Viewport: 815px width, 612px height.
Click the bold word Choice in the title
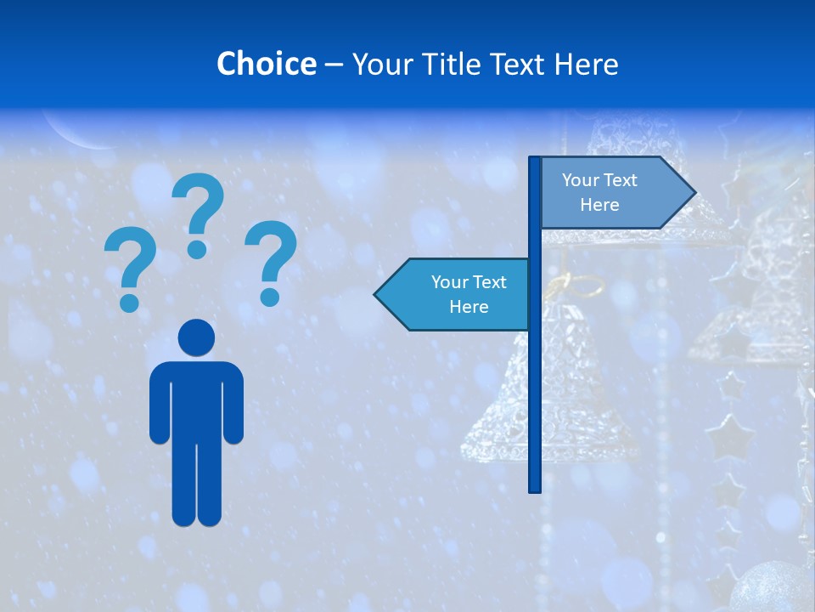tap(266, 64)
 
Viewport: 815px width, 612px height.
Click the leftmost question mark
tap(129, 263)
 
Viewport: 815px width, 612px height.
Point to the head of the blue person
tap(196, 337)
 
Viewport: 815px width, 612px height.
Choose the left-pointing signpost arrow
tap(454, 294)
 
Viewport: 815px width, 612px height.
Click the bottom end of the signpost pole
tap(535, 488)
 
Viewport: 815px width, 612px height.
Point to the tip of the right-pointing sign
tap(694, 193)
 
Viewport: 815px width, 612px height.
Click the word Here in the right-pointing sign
tap(599, 205)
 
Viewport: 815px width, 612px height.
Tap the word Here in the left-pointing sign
tap(469, 307)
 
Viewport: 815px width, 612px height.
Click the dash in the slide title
tap(334, 64)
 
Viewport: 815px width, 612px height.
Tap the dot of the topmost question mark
tap(197, 248)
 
